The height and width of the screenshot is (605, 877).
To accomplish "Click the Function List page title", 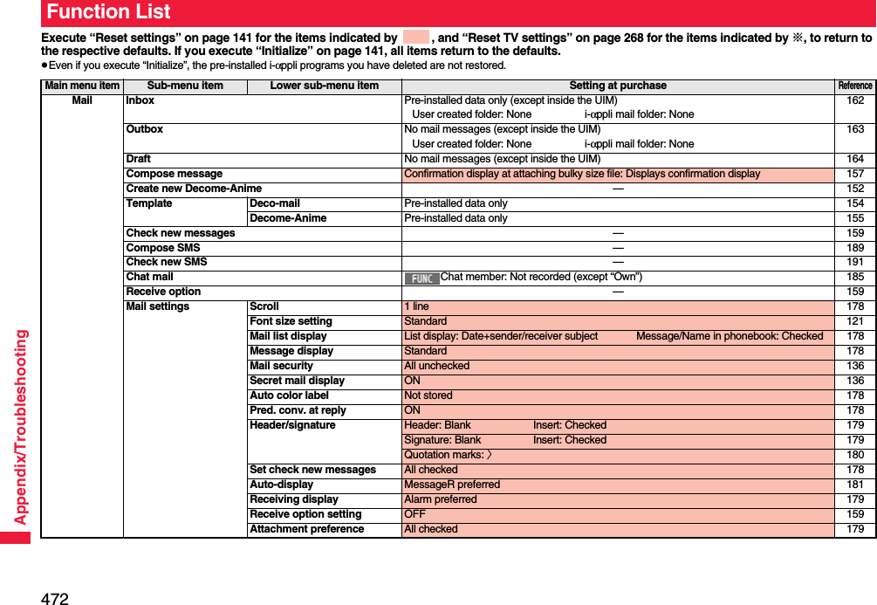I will click(109, 12).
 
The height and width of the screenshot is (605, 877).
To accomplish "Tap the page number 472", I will click(54, 598).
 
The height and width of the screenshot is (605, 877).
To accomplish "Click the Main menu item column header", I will click(82, 86).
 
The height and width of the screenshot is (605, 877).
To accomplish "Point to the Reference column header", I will click(854, 86).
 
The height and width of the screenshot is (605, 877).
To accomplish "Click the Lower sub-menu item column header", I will click(324, 86).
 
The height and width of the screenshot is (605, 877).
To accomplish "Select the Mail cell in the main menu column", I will click(82, 100).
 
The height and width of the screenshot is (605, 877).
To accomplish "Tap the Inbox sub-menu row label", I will click(140, 100).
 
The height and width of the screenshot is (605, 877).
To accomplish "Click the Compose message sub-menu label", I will click(175, 174).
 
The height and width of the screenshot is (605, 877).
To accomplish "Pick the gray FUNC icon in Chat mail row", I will click(421, 278).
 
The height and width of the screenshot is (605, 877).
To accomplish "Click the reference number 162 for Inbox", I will click(855, 100).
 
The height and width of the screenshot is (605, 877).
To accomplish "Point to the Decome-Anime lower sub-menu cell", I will click(288, 218).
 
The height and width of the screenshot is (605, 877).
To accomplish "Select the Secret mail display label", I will click(297, 381).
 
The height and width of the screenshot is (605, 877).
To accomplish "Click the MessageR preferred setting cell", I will click(452, 485).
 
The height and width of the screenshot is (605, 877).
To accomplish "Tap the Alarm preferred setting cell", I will click(441, 499).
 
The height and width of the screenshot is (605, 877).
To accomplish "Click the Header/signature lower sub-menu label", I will click(292, 425).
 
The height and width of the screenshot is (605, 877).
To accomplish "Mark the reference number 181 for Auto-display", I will click(855, 485).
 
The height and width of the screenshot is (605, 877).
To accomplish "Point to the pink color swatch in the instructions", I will click(416, 38).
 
